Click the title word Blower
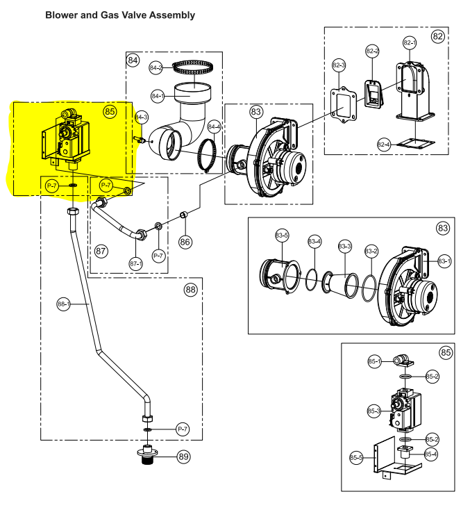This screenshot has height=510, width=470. pyautogui.click(x=61, y=15)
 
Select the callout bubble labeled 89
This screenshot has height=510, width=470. pyautogui.click(x=184, y=456)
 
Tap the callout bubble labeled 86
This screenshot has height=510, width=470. pyautogui.click(x=185, y=242)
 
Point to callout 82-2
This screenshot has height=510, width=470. pyautogui.click(x=372, y=51)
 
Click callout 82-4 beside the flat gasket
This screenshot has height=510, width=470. pyautogui.click(x=384, y=145)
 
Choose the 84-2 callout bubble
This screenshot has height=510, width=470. pyautogui.click(x=156, y=67)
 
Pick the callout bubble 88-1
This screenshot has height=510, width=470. pyautogui.click(x=63, y=304)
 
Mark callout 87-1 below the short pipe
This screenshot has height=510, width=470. pyautogui.click(x=136, y=263)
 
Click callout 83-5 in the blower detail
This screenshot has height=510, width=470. pyautogui.click(x=282, y=235)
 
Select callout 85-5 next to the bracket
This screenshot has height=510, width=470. pyautogui.click(x=356, y=458)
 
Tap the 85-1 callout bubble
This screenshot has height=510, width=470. pyautogui.click(x=374, y=361)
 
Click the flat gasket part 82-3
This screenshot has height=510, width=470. pyautogui.click(x=343, y=104)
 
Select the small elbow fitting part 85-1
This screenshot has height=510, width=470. pyautogui.click(x=403, y=361)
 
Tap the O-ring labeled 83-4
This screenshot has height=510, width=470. pyautogui.click(x=312, y=280)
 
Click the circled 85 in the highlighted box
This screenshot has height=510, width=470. pyautogui.click(x=110, y=112)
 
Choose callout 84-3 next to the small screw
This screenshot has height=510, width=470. pyautogui.click(x=142, y=117)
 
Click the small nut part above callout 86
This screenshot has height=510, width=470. pyautogui.click(x=184, y=215)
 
